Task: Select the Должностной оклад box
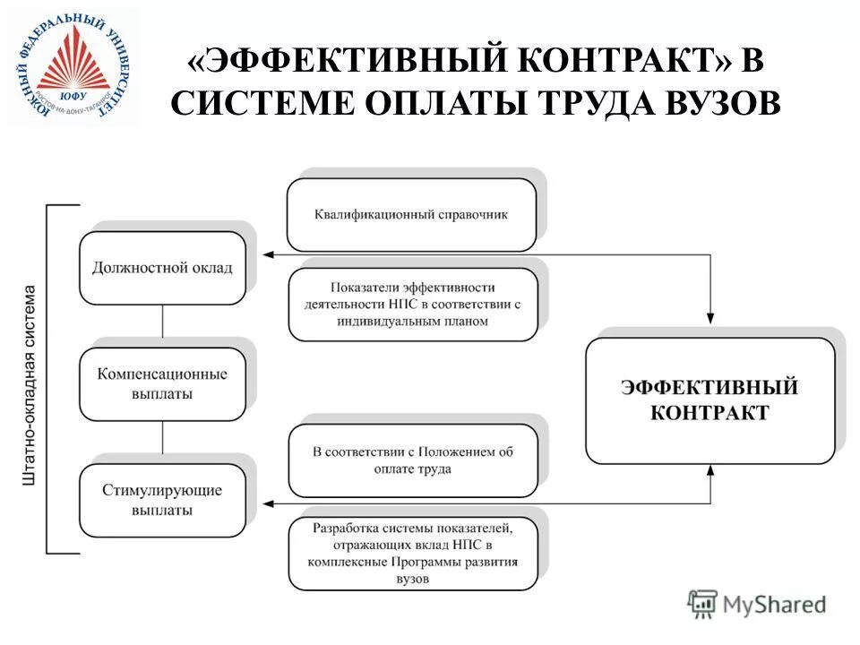[162, 268]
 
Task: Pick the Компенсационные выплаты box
[162, 384]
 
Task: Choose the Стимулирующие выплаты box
[162, 501]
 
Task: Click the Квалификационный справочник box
[411, 215]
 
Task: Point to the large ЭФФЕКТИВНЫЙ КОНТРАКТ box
[709, 400]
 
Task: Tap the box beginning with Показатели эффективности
[413, 305]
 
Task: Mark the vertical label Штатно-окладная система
[31, 385]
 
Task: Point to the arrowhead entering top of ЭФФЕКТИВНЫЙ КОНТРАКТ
[710, 316]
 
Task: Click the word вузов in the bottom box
[413, 579]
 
